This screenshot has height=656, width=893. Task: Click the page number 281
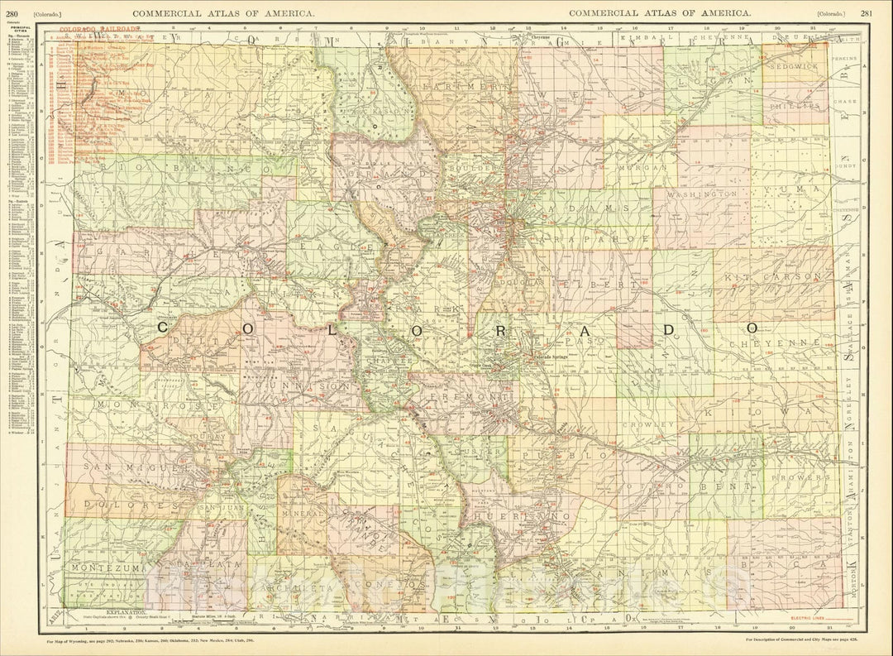click(865, 13)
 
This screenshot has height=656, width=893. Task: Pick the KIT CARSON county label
click(773, 276)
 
